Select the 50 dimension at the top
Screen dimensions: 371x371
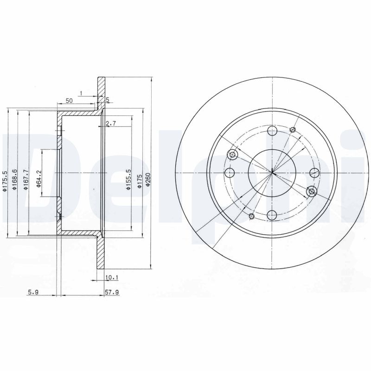pos(69,100)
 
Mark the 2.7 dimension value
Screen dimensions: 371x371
pos(110,123)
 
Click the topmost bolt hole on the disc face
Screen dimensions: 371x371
pos(273,130)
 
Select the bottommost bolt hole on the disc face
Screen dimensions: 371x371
pos(273,215)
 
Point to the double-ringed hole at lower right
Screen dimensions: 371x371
pos(312,191)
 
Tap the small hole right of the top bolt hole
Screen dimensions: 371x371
pos(292,129)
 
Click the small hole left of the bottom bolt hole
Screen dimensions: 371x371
pos(252,216)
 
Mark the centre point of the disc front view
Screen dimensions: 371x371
pos(272,173)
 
